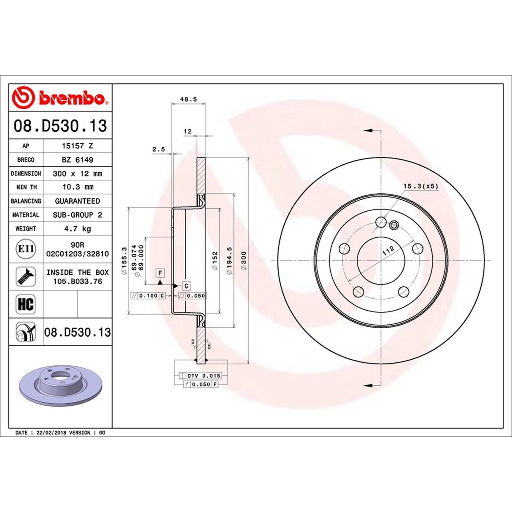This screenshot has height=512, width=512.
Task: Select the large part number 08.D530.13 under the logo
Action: tap(60, 126)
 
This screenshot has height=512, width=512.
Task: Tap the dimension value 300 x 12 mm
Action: tap(77, 174)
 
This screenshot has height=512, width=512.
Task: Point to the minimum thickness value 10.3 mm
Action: tap(77, 187)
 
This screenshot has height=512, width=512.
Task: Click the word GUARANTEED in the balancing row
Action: tap(77, 201)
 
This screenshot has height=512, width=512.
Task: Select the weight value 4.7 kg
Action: tap(77, 229)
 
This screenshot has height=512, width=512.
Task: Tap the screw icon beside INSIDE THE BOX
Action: tap(26, 276)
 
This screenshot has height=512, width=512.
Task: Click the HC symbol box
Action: tap(26, 304)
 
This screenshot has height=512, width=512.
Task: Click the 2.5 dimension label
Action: tap(158, 149)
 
